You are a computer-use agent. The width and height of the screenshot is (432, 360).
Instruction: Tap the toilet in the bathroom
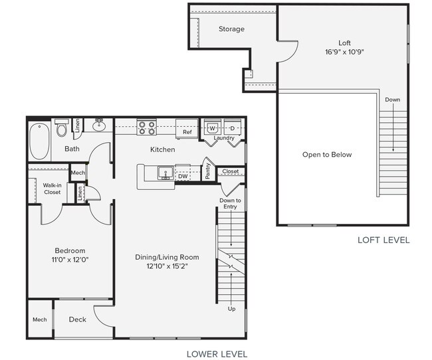(x=62, y=129)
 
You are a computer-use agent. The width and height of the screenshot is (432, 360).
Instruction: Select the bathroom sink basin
(x=100, y=126)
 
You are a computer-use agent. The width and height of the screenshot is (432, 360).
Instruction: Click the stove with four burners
(x=146, y=126)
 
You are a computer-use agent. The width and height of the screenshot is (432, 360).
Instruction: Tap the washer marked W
(x=213, y=127)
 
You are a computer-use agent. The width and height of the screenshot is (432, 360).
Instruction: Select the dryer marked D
(x=233, y=127)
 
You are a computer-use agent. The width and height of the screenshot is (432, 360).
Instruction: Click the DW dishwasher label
(x=183, y=177)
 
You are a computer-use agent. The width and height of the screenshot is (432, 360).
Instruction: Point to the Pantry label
(x=207, y=171)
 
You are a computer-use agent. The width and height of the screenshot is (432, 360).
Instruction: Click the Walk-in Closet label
(x=52, y=189)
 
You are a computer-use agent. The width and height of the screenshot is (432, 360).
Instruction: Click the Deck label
(x=78, y=319)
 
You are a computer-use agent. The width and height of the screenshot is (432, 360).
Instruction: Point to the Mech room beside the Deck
(x=39, y=319)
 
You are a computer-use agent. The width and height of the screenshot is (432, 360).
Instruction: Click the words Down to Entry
(x=231, y=203)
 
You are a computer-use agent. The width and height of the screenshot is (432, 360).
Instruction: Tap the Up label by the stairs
(x=231, y=309)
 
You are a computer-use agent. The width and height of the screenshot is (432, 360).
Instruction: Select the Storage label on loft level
(x=231, y=29)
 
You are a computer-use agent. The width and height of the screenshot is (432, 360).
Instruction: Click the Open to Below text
(x=327, y=155)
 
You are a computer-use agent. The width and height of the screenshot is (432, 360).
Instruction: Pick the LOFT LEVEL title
(x=383, y=240)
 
